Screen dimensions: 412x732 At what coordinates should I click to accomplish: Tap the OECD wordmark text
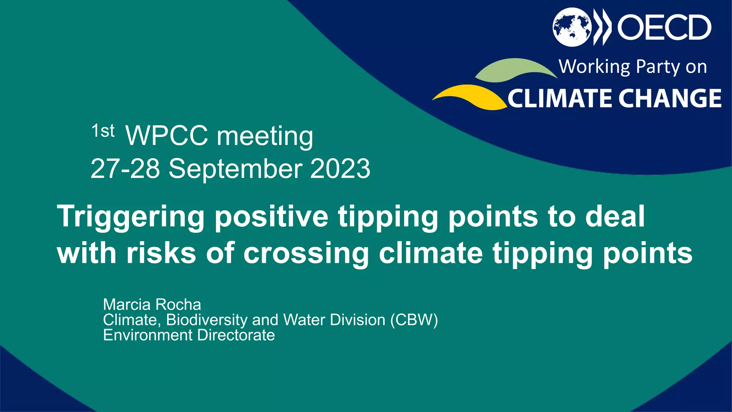click(x=664, y=27)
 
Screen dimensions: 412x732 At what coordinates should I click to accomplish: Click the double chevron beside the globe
click(x=602, y=27)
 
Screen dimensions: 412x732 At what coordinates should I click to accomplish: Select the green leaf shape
click(x=515, y=70)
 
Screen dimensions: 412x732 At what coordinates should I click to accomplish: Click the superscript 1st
click(x=103, y=131)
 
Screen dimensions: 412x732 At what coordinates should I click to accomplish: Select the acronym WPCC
click(x=167, y=136)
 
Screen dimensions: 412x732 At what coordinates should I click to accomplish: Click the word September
click(x=236, y=169)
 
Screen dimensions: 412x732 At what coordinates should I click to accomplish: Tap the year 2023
click(x=340, y=169)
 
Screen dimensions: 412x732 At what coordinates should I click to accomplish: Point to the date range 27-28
click(x=125, y=169)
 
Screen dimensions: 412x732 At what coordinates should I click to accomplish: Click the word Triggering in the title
click(x=131, y=217)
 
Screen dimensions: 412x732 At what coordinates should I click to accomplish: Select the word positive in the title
click(x=271, y=217)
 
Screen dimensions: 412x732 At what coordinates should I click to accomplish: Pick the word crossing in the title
click(x=306, y=253)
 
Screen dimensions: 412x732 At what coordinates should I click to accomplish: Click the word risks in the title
click(x=161, y=253)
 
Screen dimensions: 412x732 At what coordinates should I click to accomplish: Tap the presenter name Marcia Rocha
click(x=152, y=305)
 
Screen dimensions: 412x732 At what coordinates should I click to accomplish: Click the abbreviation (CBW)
click(x=414, y=320)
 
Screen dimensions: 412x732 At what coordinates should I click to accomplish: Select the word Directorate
click(x=236, y=335)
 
